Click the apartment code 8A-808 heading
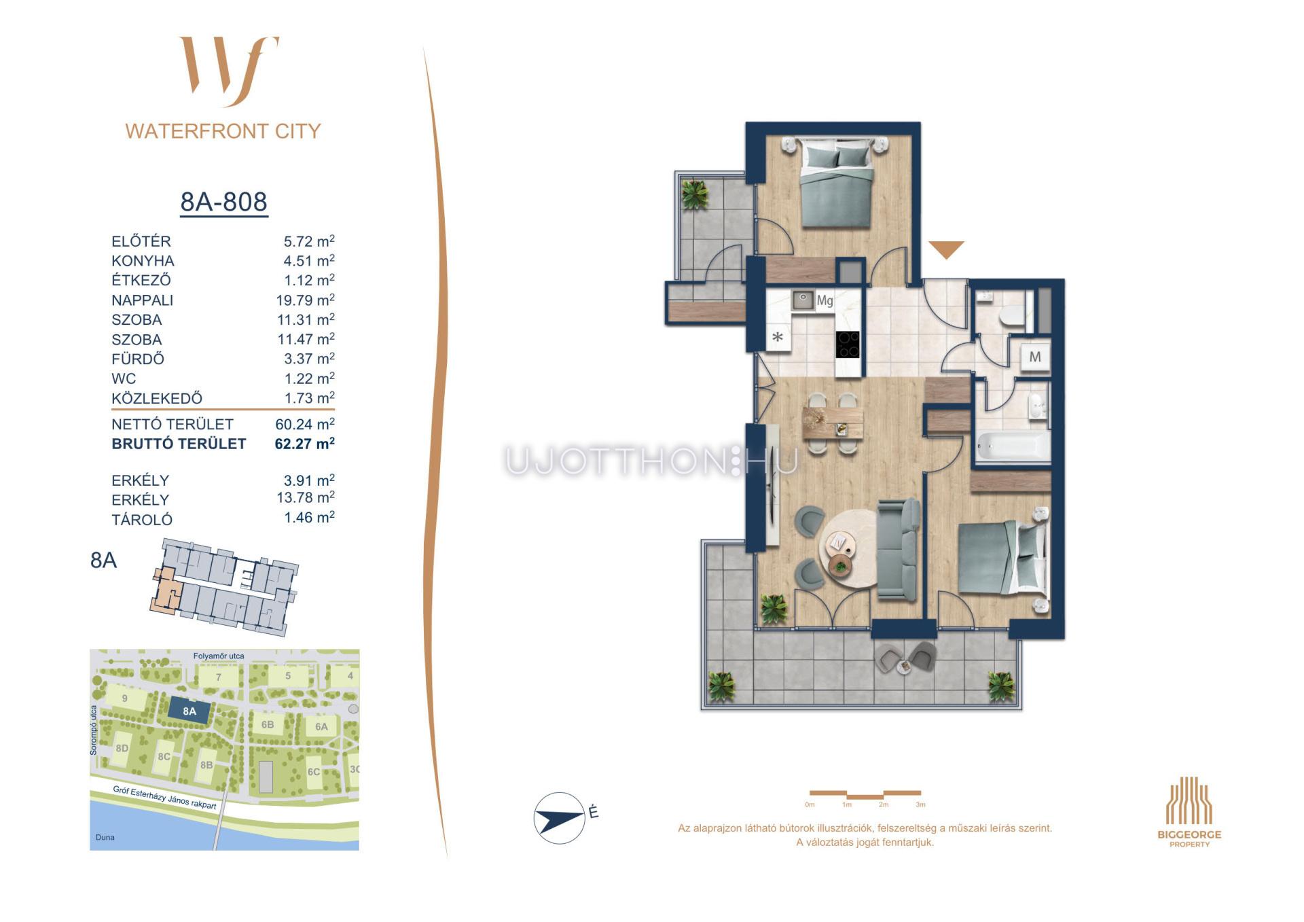click(x=223, y=202)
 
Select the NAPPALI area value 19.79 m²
click(x=305, y=300)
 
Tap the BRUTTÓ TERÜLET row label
click(x=179, y=444)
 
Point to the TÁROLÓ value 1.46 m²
click(x=309, y=518)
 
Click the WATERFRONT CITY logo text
click(x=223, y=131)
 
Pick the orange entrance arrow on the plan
click(x=946, y=249)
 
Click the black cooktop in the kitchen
click(x=848, y=344)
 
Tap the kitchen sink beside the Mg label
click(x=803, y=300)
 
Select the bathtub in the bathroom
click(x=1012, y=446)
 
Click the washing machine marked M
click(x=1035, y=357)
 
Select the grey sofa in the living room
click(x=899, y=549)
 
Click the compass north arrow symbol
click(x=560, y=818)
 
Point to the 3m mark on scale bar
click(x=920, y=804)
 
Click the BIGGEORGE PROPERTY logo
click(x=1189, y=812)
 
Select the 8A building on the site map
click(x=189, y=711)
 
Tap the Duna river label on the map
click(x=105, y=837)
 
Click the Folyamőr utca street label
click(x=219, y=656)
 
